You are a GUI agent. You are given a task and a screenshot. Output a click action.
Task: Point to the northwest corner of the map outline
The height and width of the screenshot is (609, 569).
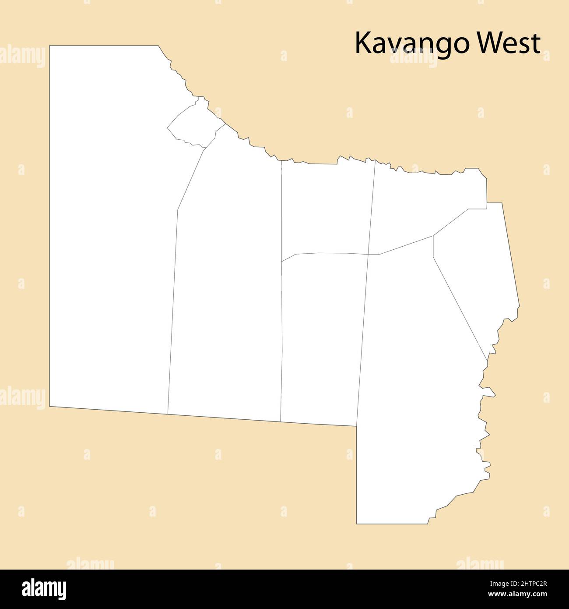(49, 46)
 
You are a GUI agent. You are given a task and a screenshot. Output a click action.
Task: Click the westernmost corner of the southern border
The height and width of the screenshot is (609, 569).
(49, 407)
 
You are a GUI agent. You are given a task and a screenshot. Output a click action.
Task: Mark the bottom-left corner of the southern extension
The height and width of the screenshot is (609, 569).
(357, 524)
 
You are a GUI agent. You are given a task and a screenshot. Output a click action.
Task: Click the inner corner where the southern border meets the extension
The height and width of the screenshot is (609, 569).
(357, 426)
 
